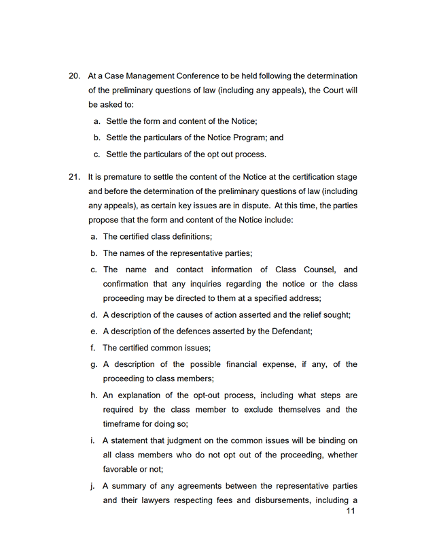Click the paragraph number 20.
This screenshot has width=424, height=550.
pyautogui.click(x=75, y=76)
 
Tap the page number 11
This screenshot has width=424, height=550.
pyautogui.click(x=351, y=511)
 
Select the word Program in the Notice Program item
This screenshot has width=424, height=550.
pyautogui.click(x=248, y=137)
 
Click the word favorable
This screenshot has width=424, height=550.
pyautogui.click(x=122, y=470)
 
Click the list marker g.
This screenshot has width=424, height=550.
pyautogui.click(x=93, y=364)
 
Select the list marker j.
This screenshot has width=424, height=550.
pyautogui.click(x=92, y=486)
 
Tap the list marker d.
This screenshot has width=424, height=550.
pyautogui.click(x=93, y=315)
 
